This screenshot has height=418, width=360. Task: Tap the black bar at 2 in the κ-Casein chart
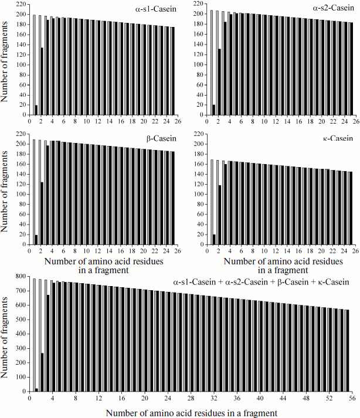[219, 215]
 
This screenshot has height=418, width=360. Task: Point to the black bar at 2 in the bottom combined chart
[42, 372]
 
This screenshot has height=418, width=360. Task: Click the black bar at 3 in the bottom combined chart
[48, 343]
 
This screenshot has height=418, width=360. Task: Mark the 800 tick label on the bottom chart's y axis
[19, 276]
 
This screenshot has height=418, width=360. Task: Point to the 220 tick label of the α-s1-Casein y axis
[21, 5]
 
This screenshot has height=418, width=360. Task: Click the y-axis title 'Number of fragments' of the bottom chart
[5, 332]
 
